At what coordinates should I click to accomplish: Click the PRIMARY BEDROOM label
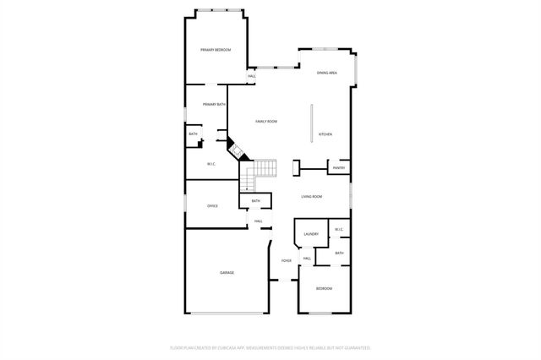[x=216, y=51]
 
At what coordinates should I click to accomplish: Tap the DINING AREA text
[x=327, y=74]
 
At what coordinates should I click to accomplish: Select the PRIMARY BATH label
[x=214, y=104]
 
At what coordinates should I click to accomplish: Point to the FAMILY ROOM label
[x=266, y=122]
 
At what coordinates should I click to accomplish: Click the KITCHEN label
[x=325, y=134]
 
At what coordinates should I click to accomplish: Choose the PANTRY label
[x=338, y=168]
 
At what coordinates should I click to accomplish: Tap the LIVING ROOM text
[x=312, y=197]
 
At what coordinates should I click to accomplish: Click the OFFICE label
[x=212, y=205]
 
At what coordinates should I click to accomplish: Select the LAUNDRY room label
[x=311, y=234]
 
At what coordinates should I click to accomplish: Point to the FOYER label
[x=287, y=261]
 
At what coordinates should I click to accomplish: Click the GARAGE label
[x=227, y=273]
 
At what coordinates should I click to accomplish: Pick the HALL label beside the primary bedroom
[x=252, y=77]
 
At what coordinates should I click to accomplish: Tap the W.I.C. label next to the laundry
[x=338, y=230]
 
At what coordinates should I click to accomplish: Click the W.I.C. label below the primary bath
[x=212, y=164]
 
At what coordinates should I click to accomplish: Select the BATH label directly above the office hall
[x=256, y=201]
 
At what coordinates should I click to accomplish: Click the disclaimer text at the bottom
[x=270, y=347]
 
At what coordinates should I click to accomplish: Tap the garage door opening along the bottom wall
[x=226, y=314]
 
